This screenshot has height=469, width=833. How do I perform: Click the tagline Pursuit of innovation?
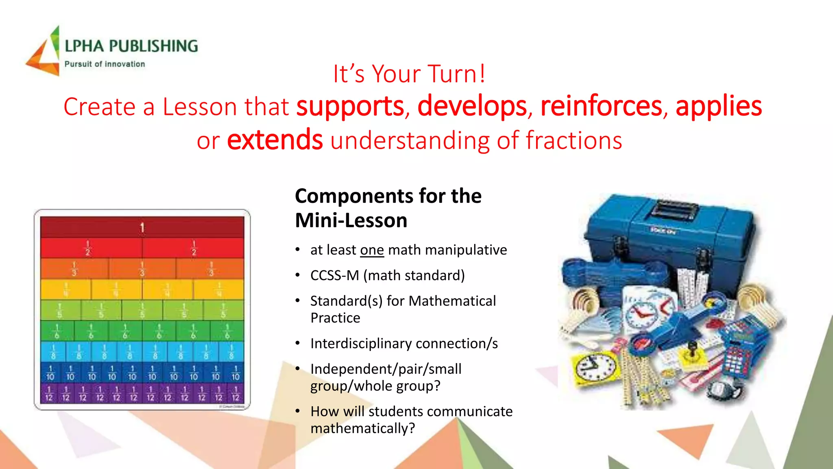click(105, 64)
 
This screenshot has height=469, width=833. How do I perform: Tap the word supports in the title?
click(350, 107)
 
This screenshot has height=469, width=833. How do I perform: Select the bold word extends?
click(275, 140)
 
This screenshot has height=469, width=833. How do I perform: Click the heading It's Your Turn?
click(409, 74)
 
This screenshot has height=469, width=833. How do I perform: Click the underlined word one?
click(372, 250)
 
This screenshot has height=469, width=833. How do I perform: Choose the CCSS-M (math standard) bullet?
click(387, 276)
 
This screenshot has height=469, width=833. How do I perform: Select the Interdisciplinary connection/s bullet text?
click(404, 344)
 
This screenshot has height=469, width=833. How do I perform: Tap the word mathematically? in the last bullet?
click(362, 429)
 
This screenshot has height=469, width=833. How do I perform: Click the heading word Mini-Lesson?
click(351, 221)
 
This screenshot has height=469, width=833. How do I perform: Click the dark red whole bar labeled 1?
click(142, 227)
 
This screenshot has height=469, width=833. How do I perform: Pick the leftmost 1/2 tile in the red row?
click(91, 248)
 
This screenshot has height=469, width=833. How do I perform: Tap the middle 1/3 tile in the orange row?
click(142, 269)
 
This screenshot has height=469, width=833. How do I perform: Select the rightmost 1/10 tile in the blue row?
click(235, 373)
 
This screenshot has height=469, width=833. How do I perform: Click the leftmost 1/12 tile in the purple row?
click(49, 393)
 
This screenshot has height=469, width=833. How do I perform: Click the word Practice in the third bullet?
click(335, 318)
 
